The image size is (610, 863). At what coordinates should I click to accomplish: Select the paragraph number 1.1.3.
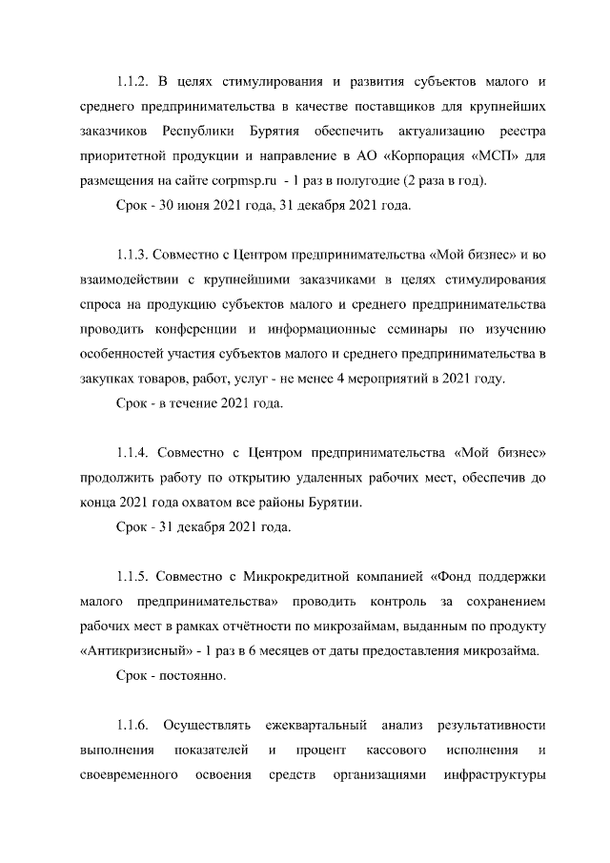pos(135,255)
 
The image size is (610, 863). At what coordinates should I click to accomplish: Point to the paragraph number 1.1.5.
pos(135,577)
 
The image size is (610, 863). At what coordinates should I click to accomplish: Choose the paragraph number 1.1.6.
pos(135,727)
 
